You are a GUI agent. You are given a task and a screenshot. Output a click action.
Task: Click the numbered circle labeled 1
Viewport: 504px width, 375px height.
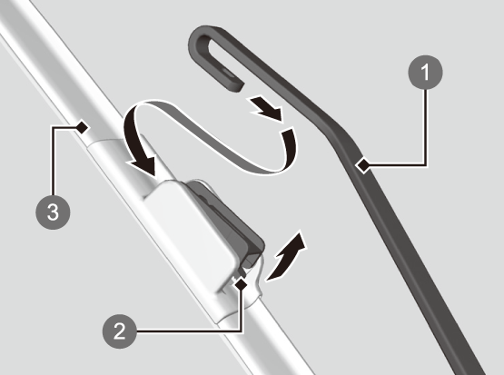pos(425,73)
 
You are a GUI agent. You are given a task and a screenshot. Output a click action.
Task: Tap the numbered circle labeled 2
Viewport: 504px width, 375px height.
pos(120,331)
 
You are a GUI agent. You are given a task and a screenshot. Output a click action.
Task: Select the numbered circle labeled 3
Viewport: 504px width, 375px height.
pos(53,212)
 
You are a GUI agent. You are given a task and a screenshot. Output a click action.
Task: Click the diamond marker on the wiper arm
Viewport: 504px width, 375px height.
pos(363,166)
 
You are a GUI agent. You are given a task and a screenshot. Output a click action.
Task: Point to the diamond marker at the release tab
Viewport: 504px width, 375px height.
pos(241,283)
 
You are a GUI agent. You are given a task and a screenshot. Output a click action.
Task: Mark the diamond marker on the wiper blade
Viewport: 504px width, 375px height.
pos(83,127)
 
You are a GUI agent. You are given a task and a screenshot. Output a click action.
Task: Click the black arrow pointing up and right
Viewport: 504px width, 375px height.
pos(286,257)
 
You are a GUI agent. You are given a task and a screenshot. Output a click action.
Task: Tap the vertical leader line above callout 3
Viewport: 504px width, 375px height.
pos(53,161)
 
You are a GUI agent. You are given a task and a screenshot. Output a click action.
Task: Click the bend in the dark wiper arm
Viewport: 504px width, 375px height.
pos(341,135)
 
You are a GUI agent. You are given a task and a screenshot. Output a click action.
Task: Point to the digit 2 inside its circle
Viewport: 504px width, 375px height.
pos(120,331)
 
